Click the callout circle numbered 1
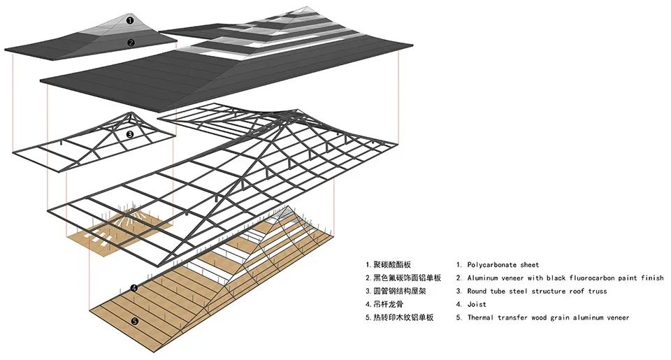tap(130, 20)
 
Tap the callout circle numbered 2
tap(130, 43)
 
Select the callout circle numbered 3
tap(130, 134)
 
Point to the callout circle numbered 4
tap(134, 288)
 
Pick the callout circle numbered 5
tap(134, 322)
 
